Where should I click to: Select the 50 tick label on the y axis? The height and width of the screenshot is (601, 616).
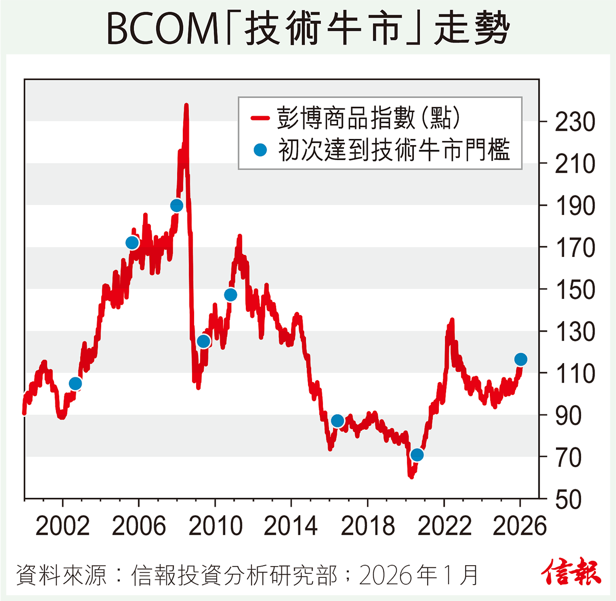(568, 500)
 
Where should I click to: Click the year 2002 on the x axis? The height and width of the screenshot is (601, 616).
(63, 527)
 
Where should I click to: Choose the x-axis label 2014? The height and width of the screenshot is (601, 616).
(291, 527)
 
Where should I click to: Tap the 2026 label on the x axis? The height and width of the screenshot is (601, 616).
(519, 527)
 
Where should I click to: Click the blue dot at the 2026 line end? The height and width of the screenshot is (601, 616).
(521, 359)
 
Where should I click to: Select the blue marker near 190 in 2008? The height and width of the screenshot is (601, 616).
(177, 206)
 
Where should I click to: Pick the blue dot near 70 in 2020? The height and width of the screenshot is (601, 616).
(417, 455)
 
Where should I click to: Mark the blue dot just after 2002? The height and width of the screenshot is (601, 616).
(75, 384)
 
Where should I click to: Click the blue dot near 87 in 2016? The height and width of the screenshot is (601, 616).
(337, 421)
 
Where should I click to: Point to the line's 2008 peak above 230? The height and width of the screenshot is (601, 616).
(186, 106)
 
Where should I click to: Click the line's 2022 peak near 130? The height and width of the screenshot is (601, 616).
(452, 320)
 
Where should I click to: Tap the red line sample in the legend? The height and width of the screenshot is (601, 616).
(260, 118)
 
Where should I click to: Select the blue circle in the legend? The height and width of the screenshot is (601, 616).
(260, 150)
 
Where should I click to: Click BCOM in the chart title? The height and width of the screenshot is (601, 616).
(163, 29)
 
